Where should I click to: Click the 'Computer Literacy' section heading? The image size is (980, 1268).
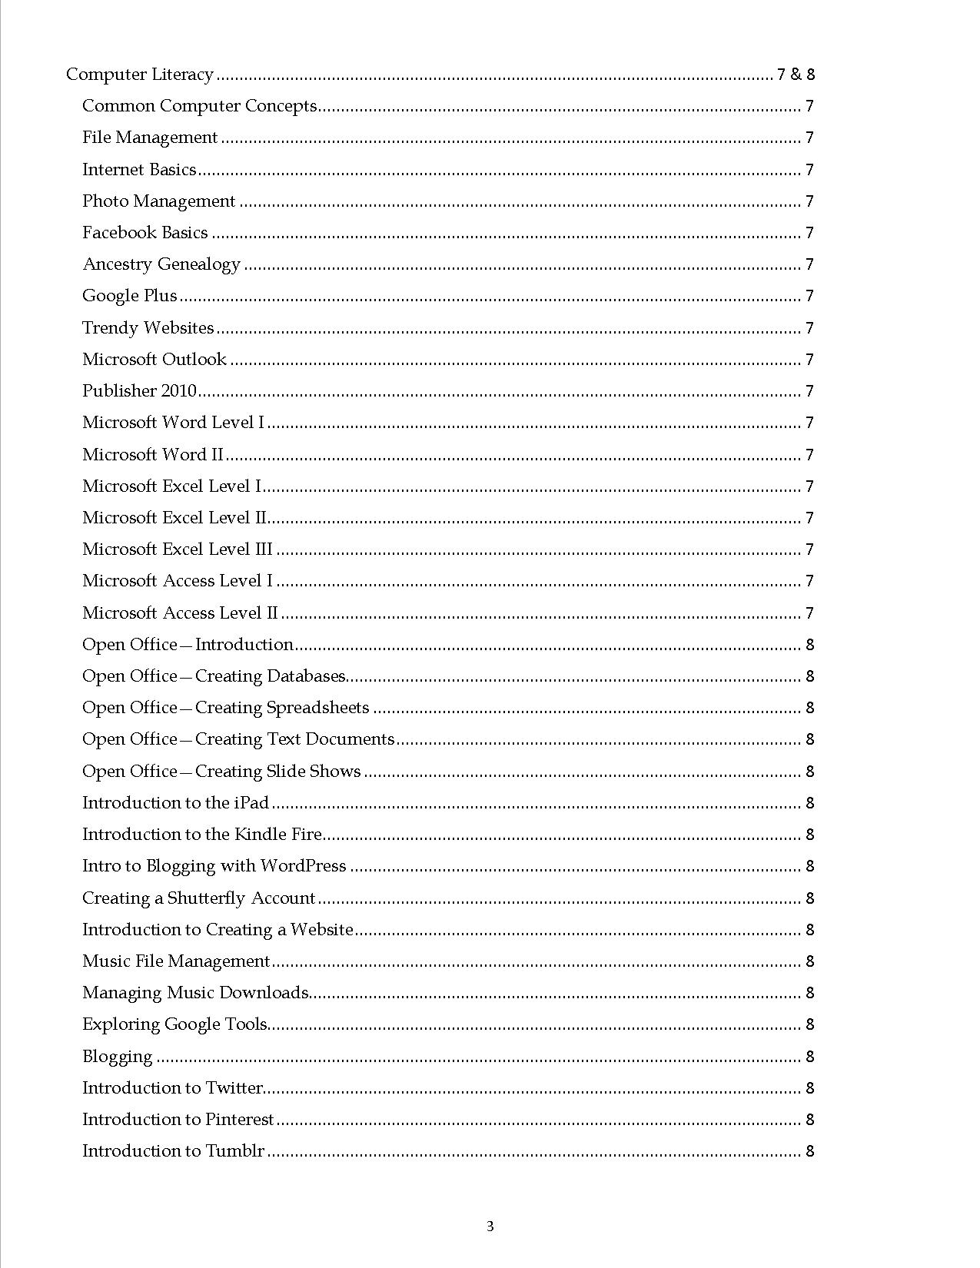(x=139, y=75)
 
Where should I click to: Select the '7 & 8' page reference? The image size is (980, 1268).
(x=796, y=75)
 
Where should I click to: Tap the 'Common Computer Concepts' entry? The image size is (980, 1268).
(x=199, y=106)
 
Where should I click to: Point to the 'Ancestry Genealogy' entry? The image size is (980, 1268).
(x=161, y=264)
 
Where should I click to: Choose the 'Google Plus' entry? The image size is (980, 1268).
(x=129, y=296)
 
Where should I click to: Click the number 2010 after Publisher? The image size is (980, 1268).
(x=178, y=391)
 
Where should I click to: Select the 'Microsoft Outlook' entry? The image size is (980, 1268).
(x=154, y=360)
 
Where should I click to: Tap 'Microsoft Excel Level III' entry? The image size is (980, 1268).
(x=178, y=549)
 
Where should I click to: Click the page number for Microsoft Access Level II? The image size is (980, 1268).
(x=809, y=613)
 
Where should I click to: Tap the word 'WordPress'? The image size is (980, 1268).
(x=304, y=866)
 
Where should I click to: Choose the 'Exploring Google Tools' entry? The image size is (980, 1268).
(x=174, y=1024)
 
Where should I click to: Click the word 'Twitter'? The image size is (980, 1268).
(x=234, y=1088)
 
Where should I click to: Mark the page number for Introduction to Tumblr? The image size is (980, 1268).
(x=809, y=1151)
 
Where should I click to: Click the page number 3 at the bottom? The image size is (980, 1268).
(x=490, y=1226)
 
